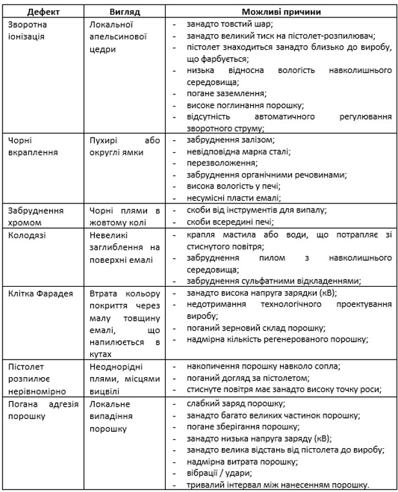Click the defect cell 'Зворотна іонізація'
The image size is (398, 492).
point(29,30)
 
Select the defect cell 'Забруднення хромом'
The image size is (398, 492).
point(35,216)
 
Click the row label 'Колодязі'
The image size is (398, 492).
point(26,234)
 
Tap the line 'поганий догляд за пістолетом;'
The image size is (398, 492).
point(248,378)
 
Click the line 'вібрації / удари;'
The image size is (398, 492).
point(218,473)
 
